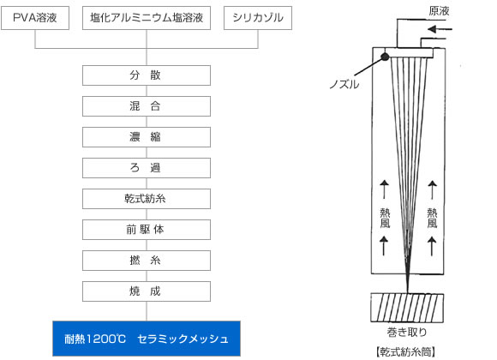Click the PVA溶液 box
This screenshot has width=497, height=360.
[x=35, y=18]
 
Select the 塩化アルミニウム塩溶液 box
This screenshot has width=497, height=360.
[x=147, y=18]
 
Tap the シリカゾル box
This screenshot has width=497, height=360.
[x=258, y=18]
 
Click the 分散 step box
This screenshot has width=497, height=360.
[x=147, y=75]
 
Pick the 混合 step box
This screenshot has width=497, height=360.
[x=147, y=106]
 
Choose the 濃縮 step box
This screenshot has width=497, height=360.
[x=147, y=137]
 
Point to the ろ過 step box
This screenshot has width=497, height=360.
[x=147, y=168]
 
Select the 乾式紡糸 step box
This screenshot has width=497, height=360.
[x=147, y=199]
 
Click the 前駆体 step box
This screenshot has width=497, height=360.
[x=147, y=230]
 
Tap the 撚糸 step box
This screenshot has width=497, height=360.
[x=147, y=261]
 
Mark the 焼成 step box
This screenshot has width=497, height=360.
[x=147, y=291]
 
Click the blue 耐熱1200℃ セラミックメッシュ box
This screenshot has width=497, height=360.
[x=147, y=339]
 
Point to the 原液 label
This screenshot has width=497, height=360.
[x=439, y=11]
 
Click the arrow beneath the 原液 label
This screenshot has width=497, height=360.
[x=440, y=29]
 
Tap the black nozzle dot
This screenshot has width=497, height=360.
[x=385, y=57]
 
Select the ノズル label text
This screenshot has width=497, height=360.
[x=344, y=84]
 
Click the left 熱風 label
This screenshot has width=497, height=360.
[x=385, y=218]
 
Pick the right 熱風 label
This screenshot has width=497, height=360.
[x=432, y=218]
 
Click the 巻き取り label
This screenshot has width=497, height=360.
[x=407, y=332]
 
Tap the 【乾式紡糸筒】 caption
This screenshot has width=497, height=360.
[x=406, y=351]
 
